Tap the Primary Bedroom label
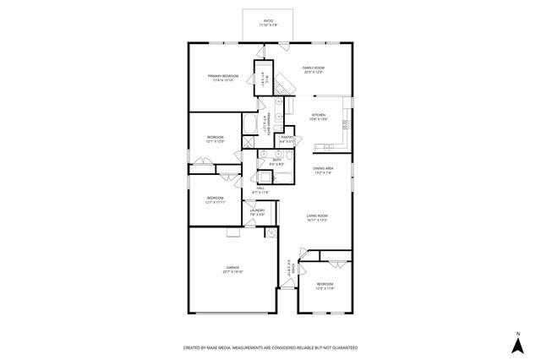click(223, 76)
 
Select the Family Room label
click(314, 68)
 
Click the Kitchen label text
click(319, 115)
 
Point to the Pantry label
click(287, 137)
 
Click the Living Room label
click(317, 216)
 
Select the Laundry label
click(258, 210)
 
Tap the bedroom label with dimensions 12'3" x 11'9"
click(325, 284)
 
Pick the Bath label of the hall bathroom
click(276, 159)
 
